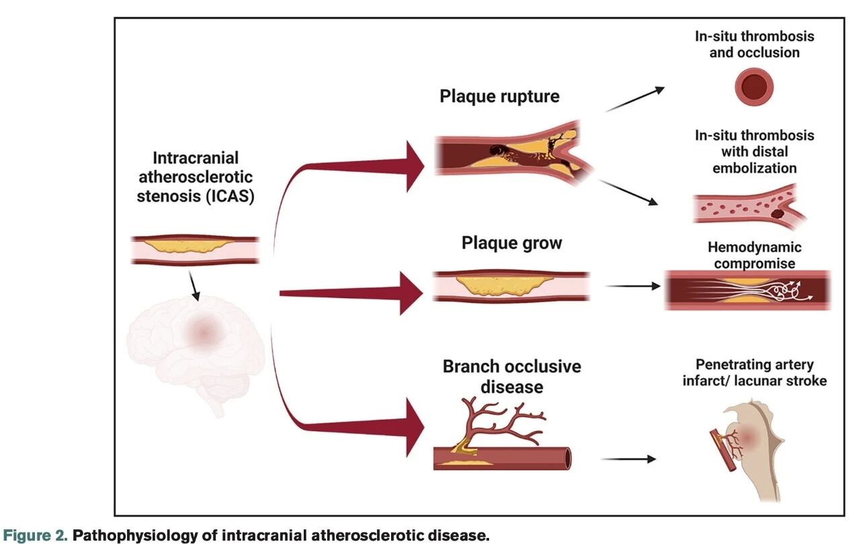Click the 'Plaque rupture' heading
(499, 96)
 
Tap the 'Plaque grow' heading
(511, 242)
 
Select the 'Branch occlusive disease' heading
(511, 377)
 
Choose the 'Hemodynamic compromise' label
(755, 255)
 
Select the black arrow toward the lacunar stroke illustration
(628, 459)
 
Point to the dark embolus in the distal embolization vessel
(777, 214)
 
